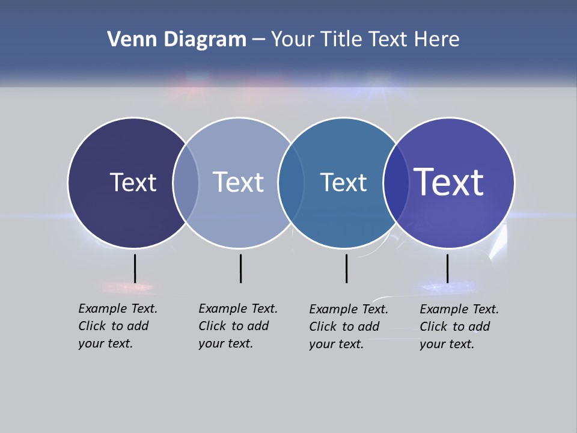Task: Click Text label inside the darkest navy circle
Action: (133, 182)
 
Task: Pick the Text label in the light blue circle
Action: (238, 182)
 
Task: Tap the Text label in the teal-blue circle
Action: (343, 182)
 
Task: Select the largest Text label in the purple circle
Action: (448, 182)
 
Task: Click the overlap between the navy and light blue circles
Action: (186, 183)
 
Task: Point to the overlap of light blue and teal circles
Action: (290, 183)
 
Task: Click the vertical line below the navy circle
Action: (135, 268)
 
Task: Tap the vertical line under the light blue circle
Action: (240, 268)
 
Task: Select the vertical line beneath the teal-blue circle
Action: (346, 268)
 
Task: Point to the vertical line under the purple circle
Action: (447, 268)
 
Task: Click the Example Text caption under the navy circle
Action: (118, 326)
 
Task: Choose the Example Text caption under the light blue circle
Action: (238, 326)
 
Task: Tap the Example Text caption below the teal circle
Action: (349, 327)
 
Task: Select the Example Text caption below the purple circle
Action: (459, 327)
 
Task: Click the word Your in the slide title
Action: (293, 40)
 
